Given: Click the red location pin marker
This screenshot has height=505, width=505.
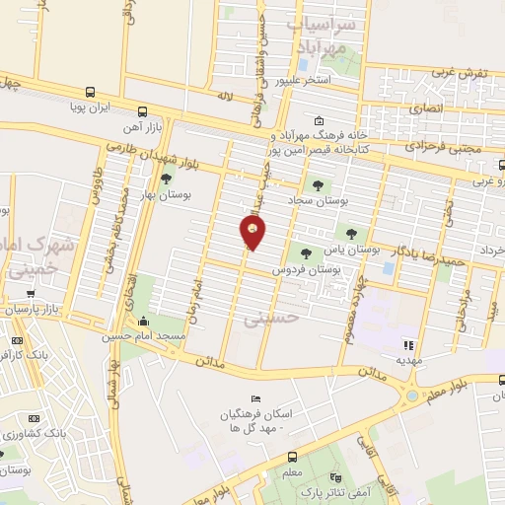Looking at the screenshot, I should point(252,233).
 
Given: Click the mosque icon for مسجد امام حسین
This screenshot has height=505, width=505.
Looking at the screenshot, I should point(145,322).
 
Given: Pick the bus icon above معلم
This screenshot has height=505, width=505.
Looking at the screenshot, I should point(292,456).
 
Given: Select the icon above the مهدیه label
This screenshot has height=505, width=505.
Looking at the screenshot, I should point(407,346).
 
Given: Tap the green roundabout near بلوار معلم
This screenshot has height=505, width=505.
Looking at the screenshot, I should point(409,397).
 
